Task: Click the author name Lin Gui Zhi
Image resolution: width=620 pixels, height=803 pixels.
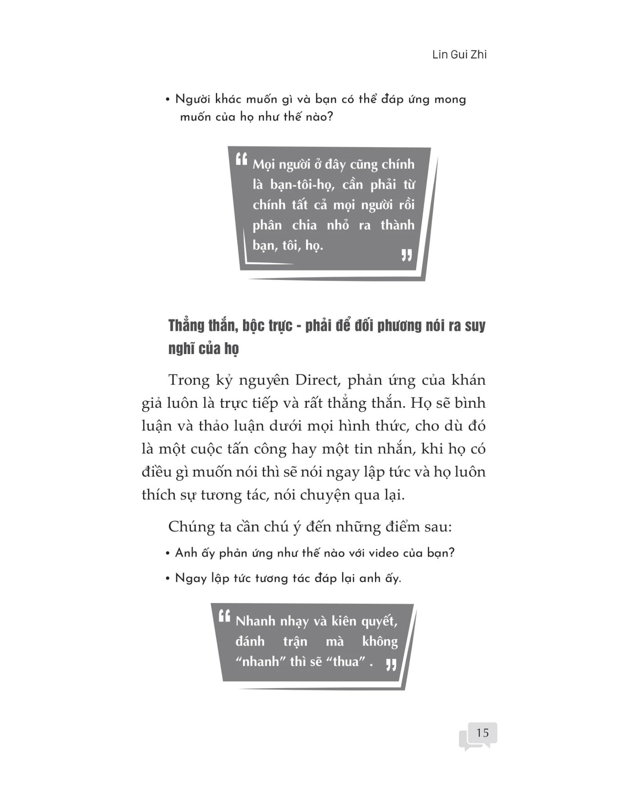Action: (459, 55)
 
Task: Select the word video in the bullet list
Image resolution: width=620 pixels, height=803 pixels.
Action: (393, 553)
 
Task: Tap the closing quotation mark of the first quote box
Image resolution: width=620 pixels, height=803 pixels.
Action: (406, 256)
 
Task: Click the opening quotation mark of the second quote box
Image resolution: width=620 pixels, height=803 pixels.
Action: (224, 616)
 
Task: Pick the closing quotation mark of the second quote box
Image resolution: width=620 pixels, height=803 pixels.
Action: (391, 664)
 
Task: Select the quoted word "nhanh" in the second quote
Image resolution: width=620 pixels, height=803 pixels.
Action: (260, 662)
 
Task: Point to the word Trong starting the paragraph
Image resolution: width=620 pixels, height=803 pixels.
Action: (188, 380)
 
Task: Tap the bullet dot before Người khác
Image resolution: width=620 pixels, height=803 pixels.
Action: (168, 100)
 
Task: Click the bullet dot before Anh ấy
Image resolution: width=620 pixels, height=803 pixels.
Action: (168, 554)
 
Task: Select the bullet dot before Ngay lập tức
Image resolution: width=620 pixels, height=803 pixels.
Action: (168, 579)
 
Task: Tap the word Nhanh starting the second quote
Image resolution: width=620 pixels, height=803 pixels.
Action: (256, 621)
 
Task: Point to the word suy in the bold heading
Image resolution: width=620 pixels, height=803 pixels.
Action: (475, 326)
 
